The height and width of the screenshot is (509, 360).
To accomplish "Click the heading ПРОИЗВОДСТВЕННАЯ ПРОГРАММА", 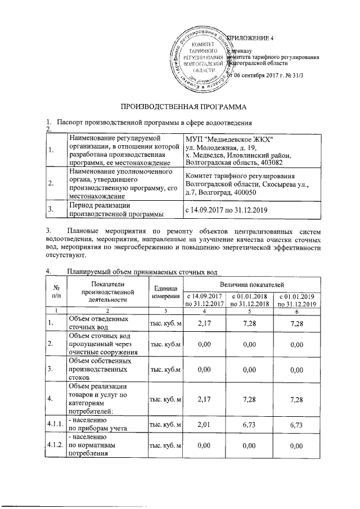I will (x=180, y=106).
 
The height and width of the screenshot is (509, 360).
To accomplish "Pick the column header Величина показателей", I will (x=252, y=287).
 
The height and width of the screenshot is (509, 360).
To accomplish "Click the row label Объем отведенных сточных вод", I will (x=93, y=323).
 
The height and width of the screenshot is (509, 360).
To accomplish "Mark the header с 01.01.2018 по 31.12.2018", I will (x=252, y=300).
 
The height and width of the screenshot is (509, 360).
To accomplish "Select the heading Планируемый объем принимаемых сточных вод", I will (x=141, y=272).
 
